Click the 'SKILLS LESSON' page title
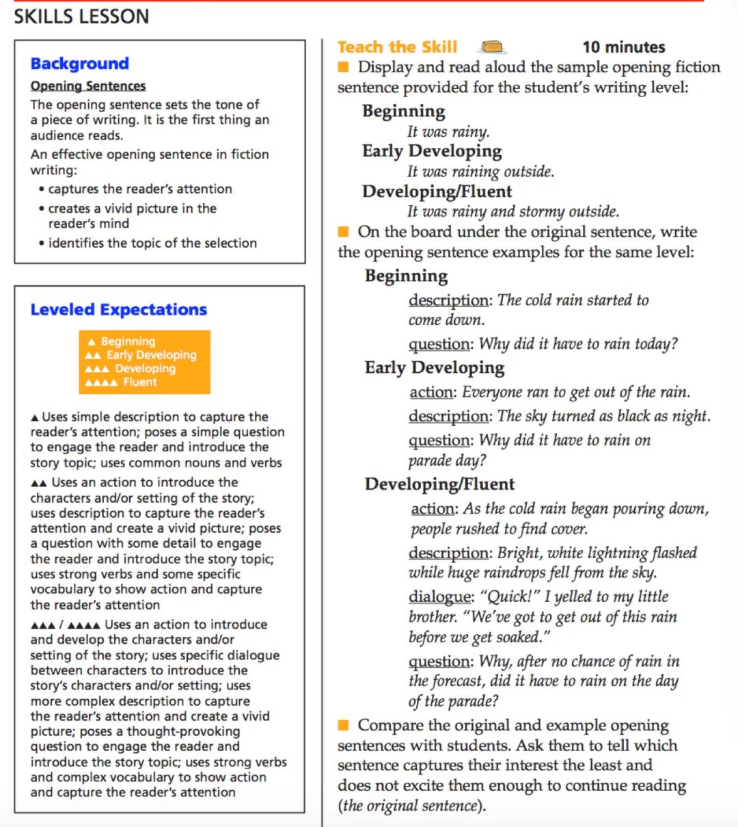81,16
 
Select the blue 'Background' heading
79,64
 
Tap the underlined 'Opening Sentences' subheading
88,86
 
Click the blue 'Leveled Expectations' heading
118,309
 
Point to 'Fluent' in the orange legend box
140,382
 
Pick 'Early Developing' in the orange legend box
151,354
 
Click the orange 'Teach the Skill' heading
397,47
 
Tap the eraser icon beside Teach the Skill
493,47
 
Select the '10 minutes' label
623,47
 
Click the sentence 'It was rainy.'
448,131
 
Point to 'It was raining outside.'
480,171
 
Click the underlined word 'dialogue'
440,596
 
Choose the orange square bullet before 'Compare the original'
344,724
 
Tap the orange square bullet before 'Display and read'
344,66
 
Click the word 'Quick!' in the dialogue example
509,596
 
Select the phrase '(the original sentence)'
411,805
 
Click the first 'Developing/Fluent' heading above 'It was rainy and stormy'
437,191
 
